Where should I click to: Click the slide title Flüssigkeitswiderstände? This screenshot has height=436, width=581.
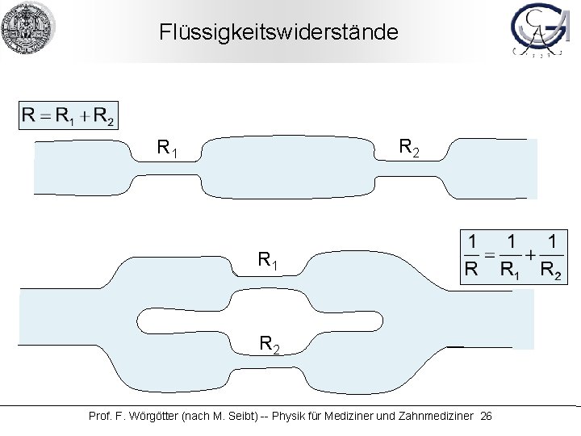pos(278,32)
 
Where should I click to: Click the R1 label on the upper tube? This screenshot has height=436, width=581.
pos(168,149)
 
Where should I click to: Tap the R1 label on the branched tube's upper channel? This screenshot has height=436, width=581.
pos(270,260)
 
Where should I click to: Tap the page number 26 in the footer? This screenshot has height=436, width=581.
pos(485,416)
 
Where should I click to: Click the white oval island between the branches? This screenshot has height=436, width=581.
pos(258,320)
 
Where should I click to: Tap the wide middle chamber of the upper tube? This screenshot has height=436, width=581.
pos(286,168)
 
